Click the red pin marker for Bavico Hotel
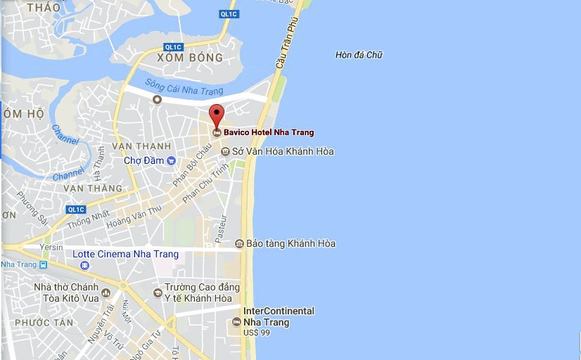click(217, 115)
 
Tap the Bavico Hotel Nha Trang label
click(269, 132)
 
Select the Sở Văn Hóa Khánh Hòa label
click(283, 151)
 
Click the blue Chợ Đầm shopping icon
click(171, 160)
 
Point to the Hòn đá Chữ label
click(359, 55)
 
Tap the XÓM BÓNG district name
click(190, 58)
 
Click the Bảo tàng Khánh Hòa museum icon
click(240, 244)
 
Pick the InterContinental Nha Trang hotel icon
click(236, 322)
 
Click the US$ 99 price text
click(257, 333)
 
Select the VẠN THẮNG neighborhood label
click(92, 188)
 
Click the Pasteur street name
click(221, 229)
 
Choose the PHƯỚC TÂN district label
click(44, 323)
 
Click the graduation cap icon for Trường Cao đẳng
click(158, 293)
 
